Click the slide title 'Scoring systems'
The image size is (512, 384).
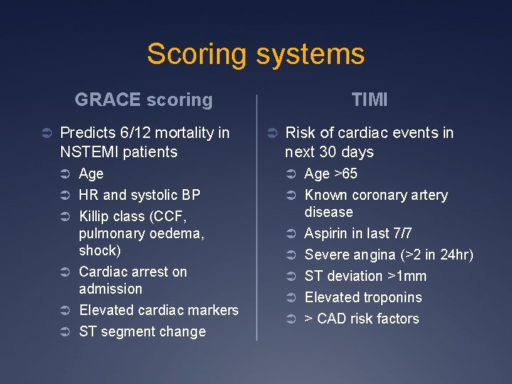pos(255,55)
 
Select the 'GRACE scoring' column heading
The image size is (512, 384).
pos(144,100)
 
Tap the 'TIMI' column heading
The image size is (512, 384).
pos(370,100)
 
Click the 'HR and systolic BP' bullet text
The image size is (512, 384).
pos(139,195)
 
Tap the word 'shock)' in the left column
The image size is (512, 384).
pos(100,250)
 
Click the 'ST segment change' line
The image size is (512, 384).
pos(142,331)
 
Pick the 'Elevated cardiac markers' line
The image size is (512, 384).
pos(159,310)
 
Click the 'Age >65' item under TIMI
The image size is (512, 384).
pos(331,174)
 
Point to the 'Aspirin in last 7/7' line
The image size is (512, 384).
pos(358,233)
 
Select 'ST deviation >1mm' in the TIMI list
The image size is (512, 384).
pos(366,276)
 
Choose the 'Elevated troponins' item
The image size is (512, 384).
pos(363,297)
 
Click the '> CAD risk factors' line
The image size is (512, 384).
pos(361,319)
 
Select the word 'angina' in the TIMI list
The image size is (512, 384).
pos(374,255)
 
